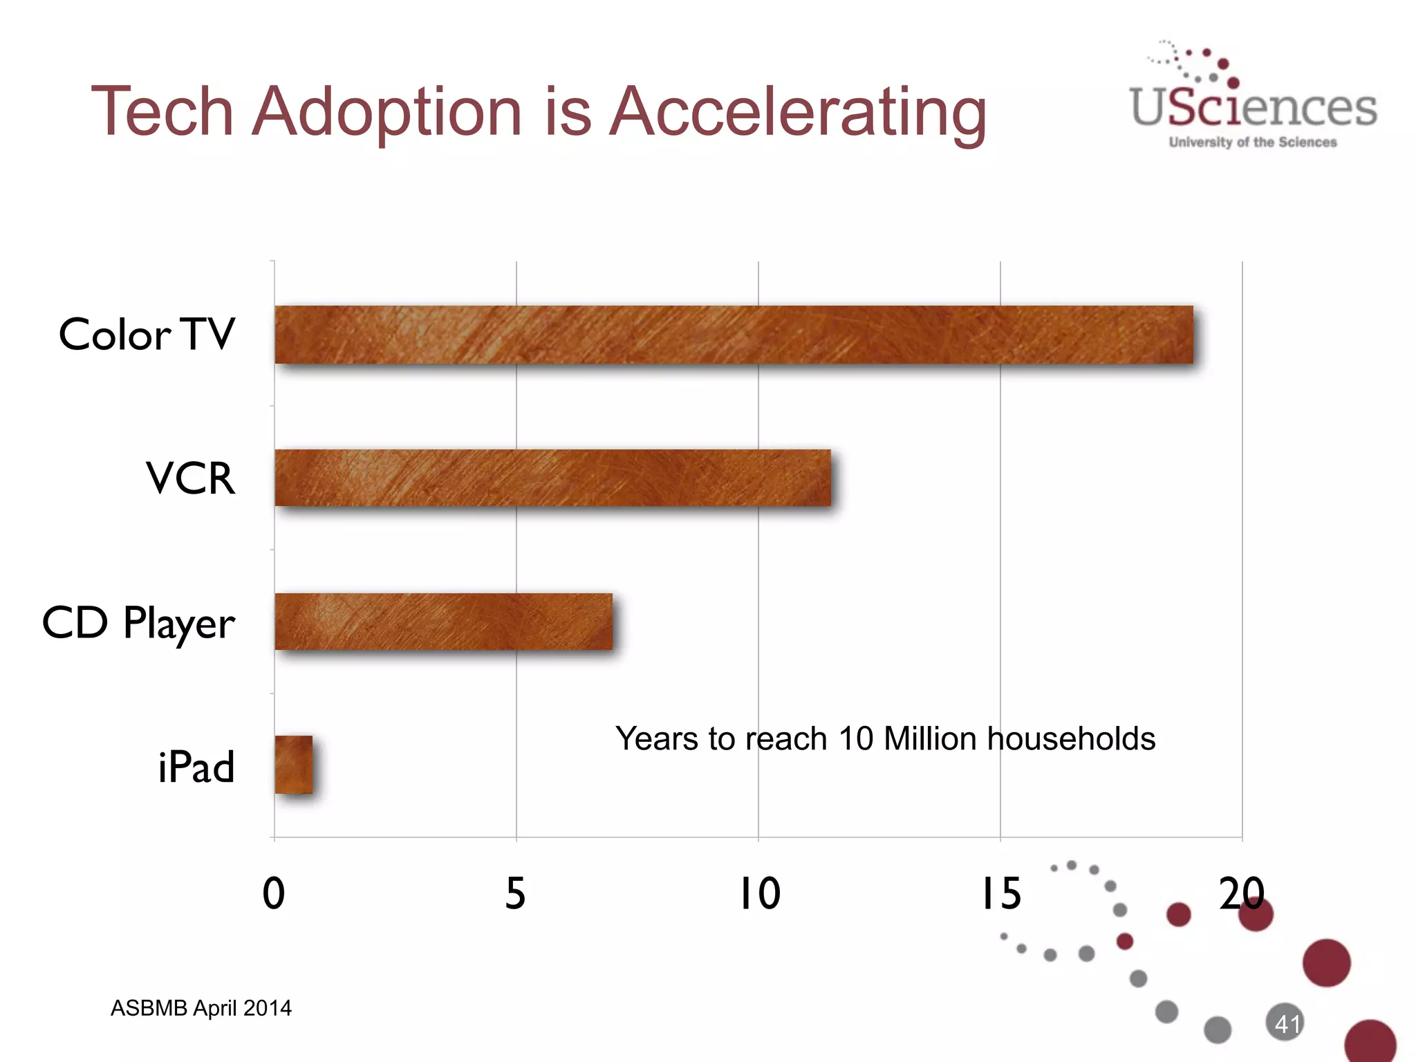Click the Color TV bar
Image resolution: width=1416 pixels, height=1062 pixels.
pos(734,335)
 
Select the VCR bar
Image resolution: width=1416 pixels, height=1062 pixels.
pos(552,478)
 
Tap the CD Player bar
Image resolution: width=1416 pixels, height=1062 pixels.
pos(443,622)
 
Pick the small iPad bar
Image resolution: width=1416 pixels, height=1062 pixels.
pos(293,765)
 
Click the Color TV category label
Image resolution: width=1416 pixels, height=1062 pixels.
pos(147,335)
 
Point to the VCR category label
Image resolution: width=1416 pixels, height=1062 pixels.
pos(190,478)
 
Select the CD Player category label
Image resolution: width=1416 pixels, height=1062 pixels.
pos(138,622)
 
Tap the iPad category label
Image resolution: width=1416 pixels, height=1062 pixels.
pos(196,766)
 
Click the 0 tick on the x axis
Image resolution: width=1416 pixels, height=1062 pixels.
pos(274,893)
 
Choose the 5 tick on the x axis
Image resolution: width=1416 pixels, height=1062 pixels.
pos(515,893)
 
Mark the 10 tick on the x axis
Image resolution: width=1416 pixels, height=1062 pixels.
pos(759,893)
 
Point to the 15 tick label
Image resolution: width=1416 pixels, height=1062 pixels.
pos(1000,893)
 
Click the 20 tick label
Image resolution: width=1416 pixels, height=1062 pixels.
pos(1241,893)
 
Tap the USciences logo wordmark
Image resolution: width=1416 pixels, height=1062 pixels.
pos(1253,107)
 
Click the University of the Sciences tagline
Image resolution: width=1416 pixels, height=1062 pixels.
pos(1253,142)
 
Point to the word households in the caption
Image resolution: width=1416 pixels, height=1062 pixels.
pos(1071,738)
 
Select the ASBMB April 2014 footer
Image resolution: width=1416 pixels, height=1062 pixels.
pos(201,1008)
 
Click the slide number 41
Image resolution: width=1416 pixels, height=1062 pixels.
pos(1287,1024)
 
